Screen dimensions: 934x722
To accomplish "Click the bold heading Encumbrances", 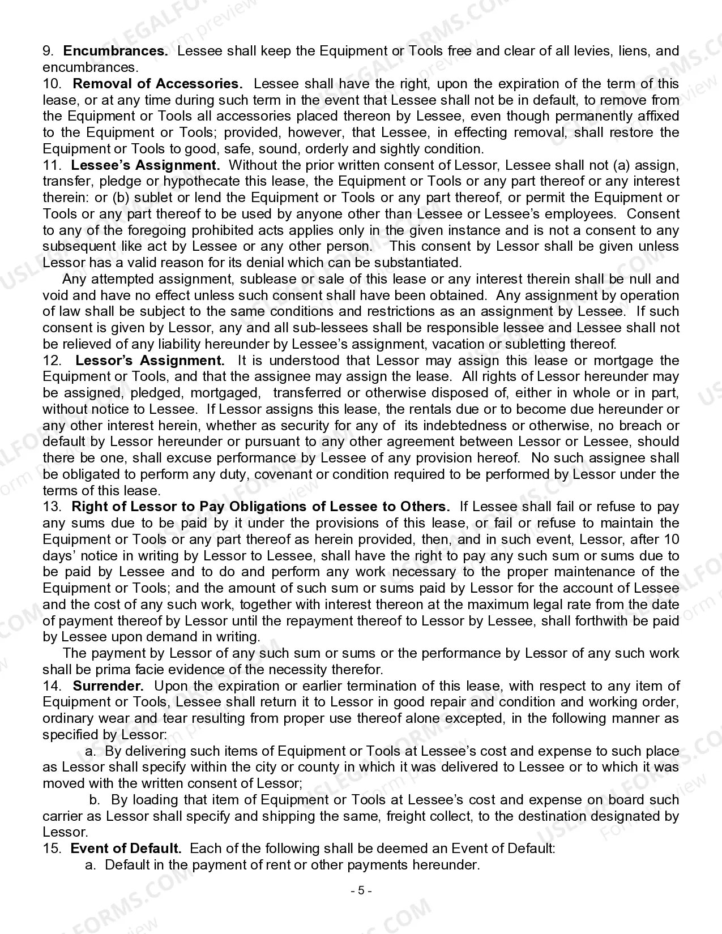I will click(116, 51).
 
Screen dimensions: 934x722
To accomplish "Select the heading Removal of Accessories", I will click(158, 84).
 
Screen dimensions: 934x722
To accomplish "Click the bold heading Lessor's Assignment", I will click(150, 361).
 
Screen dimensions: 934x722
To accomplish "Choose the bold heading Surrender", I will click(108, 686).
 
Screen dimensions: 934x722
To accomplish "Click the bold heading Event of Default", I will click(126, 849).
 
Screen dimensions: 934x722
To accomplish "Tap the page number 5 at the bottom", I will click(361, 890).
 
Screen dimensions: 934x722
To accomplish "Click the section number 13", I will click(51, 507).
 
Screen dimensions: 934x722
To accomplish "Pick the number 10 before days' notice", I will click(672, 539).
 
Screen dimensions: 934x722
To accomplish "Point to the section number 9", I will click(48, 51).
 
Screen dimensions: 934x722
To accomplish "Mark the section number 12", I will click(51, 361).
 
